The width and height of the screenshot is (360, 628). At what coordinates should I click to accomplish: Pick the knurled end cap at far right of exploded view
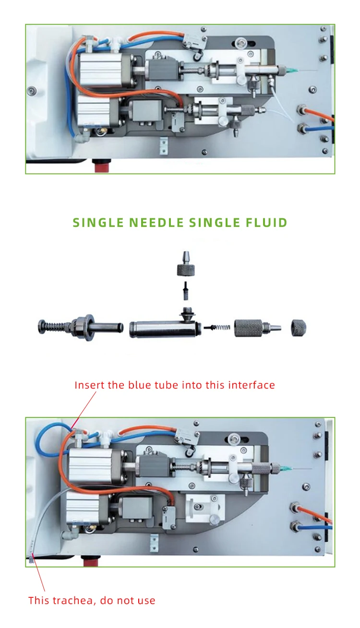click(x=299, y=328)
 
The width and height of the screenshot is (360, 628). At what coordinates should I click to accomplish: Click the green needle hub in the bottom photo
click(x=286, y=466)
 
